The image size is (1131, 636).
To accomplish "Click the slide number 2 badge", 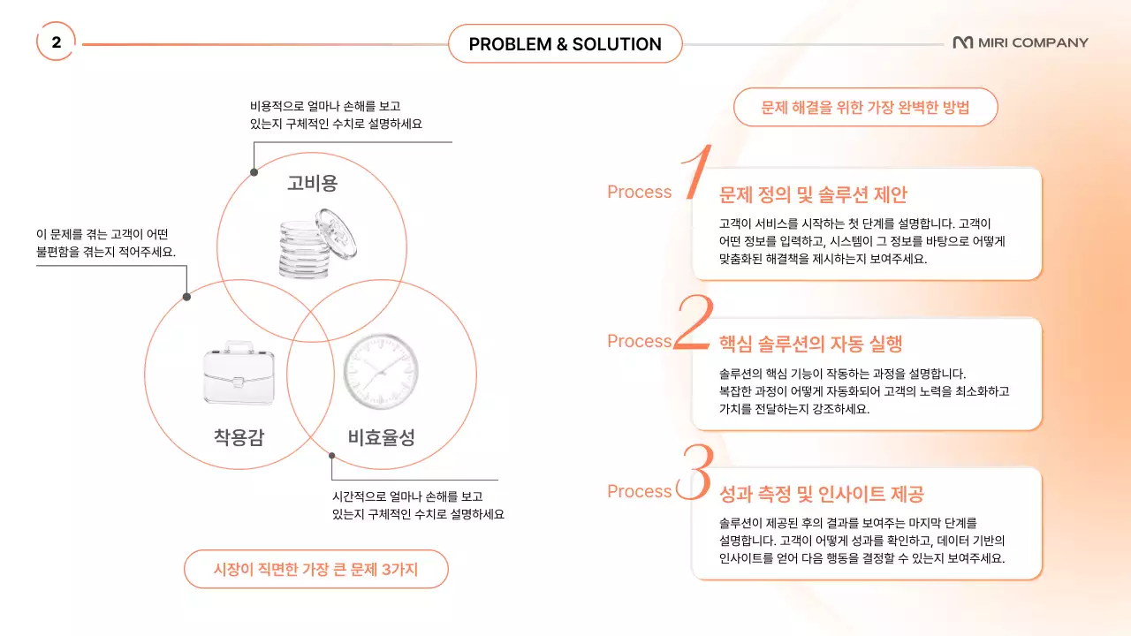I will click(56, 42).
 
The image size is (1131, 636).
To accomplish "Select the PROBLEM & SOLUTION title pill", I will click(565, 44).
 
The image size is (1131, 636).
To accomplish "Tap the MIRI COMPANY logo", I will click(1021, 42).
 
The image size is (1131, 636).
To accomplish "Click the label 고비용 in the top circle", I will click(312, 183).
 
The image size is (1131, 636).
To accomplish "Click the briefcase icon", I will click(238, 371).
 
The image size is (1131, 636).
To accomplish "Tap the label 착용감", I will click(239, 436).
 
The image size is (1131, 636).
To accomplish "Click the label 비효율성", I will click(381, 436).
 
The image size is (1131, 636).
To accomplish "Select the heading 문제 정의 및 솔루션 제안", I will click(813, 194).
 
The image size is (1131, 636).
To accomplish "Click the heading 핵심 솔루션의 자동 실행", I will click(810, 344).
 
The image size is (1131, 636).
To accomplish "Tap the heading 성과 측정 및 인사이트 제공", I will click(822, 494).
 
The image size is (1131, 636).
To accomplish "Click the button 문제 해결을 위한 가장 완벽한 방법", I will click(865, 108).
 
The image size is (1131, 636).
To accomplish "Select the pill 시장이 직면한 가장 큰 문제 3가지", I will click(315, 570).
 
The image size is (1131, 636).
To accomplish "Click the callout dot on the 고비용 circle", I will click(254, 172).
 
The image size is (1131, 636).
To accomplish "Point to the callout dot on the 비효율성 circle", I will click(332, 455).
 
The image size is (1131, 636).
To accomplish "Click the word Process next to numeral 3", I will click(639, 492).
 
